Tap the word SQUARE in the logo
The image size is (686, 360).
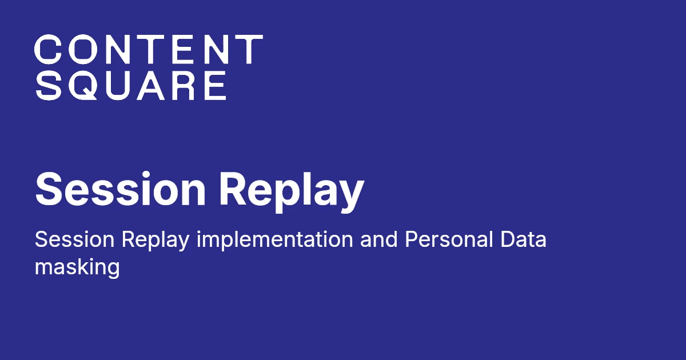[x=130, y=86]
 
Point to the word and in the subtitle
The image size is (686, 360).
[x=378, y=240]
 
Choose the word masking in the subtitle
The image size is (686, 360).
[x=77, y=267]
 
